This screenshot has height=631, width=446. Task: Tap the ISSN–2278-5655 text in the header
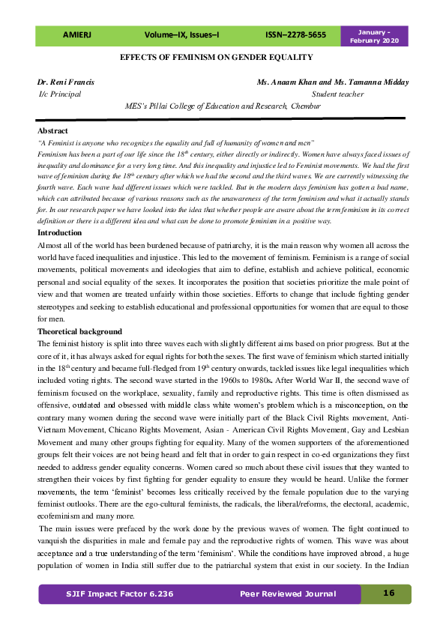tap(295, 35)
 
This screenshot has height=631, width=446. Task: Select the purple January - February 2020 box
tap(375, 36)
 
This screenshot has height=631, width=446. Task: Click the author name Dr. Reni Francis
tap(66, 82)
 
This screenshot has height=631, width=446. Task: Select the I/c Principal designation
tap(59, 94)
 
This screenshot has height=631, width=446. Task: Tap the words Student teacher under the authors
tap(337, 94)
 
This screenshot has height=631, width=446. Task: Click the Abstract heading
tap(52, 130)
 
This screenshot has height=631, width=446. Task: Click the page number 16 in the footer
tap(388, 594)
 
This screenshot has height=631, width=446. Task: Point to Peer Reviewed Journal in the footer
tap(288, 594)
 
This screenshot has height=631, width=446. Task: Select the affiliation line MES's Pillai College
tap(223, 106)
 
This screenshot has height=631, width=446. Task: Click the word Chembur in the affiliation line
tap(306, 106)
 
